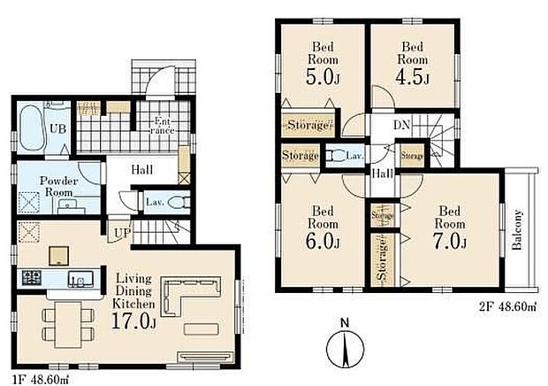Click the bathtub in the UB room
32,128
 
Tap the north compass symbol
346,349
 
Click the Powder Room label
58,187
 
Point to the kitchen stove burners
32,277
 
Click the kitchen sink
80,279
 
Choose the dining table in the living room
68,324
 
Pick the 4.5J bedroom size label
412,78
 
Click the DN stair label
401,125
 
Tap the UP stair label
123,232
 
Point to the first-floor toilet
179,202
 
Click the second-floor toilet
335,156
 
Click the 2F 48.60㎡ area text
507,307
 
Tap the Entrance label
163,126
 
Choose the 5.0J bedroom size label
323,78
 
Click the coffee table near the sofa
202,329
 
